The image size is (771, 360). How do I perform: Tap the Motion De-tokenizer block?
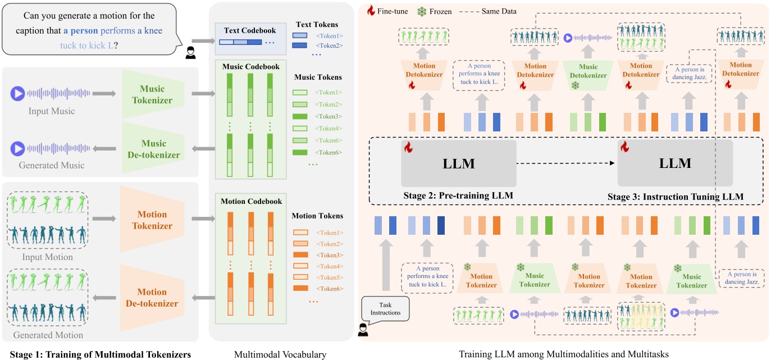(152, 298)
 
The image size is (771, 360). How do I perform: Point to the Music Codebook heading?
(251, 67)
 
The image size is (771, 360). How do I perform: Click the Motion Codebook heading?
(251, 201)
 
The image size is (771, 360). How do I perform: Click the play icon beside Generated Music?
(17, 148)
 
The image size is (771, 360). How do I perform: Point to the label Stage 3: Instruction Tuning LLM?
(676, 197)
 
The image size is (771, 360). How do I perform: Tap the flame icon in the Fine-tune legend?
(371, 11)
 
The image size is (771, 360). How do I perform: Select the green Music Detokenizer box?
(588, 76)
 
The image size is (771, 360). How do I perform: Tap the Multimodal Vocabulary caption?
(280, 354)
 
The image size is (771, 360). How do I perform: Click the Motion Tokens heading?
(317, 216)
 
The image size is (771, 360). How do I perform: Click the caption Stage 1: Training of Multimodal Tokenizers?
(97, 354)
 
